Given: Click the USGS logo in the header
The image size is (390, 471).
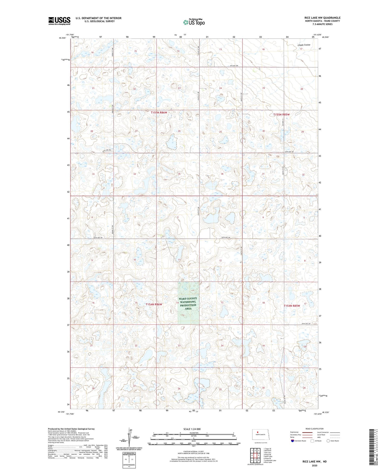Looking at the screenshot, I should [x=59, y=21].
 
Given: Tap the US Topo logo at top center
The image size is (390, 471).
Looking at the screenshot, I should [x=194, y=22].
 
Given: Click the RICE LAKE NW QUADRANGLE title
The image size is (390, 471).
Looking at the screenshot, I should [x=322, y=18].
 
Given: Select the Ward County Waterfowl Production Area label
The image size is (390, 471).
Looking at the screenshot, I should [x=188, y=303].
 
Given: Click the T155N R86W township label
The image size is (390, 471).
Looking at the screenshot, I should [x=159, y=112].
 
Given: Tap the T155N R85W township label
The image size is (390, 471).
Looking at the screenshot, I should [x=281, y=115].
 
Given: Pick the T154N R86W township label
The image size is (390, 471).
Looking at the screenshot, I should [x=154, y=304].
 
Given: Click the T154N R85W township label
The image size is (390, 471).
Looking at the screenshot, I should [x=292, y=306].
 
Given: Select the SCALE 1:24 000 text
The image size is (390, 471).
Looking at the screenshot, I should [x=192, y=429].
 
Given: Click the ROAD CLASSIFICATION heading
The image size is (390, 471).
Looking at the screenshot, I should [x=314, y=429].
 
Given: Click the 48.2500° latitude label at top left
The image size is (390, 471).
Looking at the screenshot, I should [x=62, y=38].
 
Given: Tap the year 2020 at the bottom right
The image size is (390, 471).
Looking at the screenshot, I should [x=314, y=465].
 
